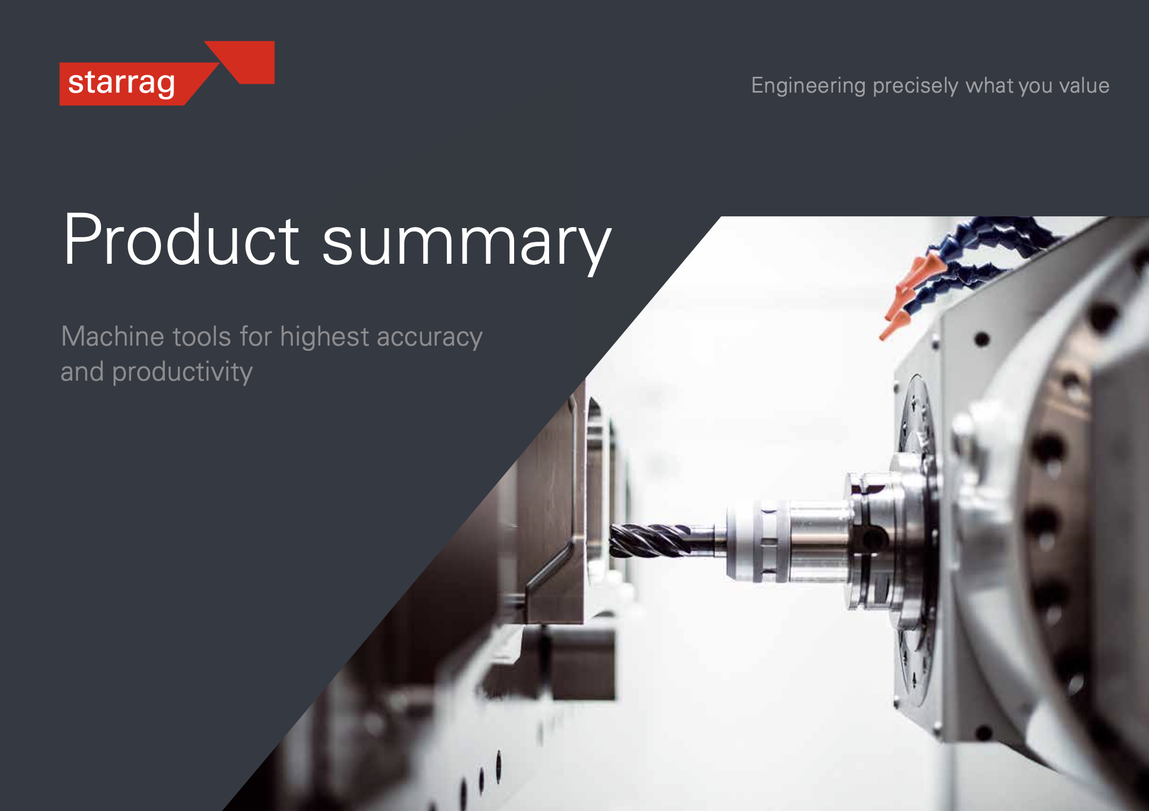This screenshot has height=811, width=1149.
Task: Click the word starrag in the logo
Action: point(121,84)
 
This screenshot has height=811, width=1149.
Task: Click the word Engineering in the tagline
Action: point(808,86)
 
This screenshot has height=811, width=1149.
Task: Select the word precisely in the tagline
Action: point(915,86)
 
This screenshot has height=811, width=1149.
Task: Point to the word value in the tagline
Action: point(1084,86)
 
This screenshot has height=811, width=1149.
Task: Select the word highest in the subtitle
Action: point(324,338)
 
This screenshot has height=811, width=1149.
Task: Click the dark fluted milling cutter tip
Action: point(650,540)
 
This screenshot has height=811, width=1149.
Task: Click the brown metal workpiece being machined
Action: point(551,508)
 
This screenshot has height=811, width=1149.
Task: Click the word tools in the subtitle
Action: point(202,337)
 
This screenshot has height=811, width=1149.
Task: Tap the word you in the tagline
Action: point(1036,88)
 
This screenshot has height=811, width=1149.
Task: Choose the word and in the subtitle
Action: point(82,372)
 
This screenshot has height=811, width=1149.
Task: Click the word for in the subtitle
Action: point(255,337)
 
